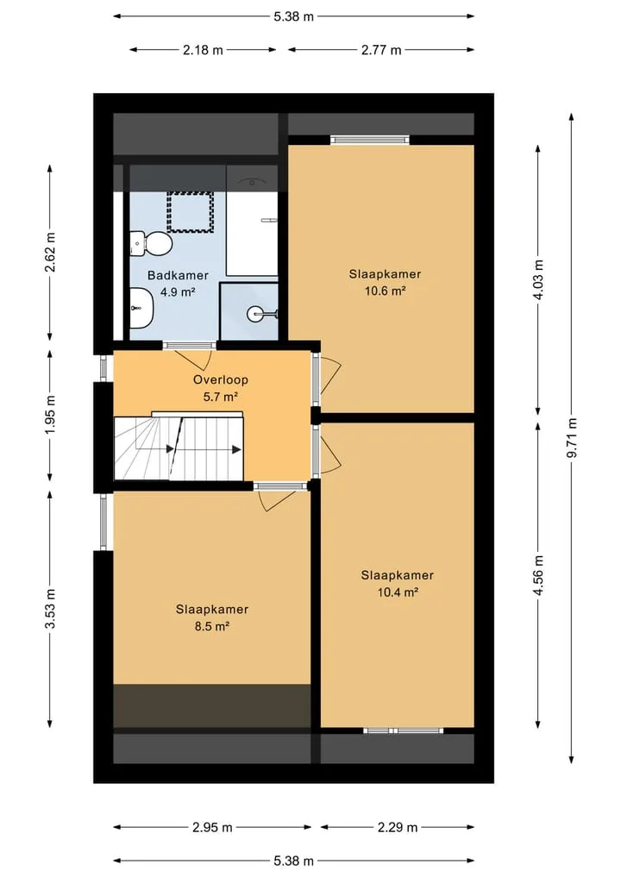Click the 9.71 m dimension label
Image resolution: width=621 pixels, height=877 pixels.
571,437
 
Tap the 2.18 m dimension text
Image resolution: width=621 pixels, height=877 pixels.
203,50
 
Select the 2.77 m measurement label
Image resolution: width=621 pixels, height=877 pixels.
381,50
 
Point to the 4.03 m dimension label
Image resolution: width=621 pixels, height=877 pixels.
538,279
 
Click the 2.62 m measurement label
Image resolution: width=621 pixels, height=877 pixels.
50,252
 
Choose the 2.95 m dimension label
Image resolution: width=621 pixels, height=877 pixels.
212,827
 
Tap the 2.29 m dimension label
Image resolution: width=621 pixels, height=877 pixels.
398,827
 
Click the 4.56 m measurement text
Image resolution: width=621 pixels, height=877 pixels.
538,576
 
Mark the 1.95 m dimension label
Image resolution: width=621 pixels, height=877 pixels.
50,415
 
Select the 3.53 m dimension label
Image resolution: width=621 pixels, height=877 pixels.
50,609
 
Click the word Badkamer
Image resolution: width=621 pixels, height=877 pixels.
178,275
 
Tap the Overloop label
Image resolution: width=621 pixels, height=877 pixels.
221,379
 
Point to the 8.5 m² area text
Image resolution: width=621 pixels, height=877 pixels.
212,626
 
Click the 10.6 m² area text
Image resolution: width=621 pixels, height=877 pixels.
385,291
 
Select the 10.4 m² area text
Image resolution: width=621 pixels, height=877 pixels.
398,592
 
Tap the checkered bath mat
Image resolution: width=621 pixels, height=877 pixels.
191,212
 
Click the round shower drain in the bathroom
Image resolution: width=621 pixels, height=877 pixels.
254,315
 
